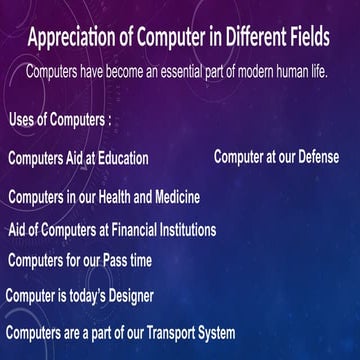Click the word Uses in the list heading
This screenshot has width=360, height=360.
(23, 121)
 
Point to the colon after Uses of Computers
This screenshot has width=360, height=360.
(109, 122)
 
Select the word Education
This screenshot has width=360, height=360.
(121, 158)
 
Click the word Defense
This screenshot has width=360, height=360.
(314, 157)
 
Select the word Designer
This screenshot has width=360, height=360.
(129, 296)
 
